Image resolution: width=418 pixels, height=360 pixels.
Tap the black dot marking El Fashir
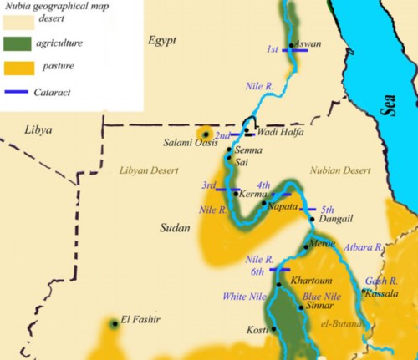point(115,322)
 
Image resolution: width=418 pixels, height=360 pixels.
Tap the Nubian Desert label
point(339,170)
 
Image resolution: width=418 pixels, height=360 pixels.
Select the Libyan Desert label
point(149,170)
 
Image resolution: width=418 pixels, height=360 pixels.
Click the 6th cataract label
point(257,271)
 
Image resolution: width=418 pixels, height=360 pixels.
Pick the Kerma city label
point(253,194)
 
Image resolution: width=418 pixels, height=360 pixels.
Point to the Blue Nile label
point(322,296)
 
